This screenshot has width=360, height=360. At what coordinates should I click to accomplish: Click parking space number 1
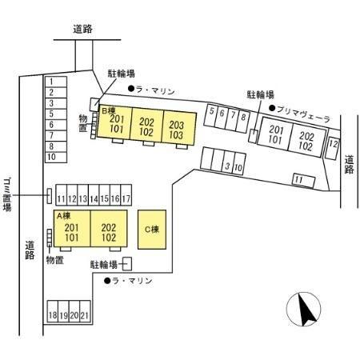click(56, 82)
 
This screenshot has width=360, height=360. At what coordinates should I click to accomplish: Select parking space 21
click(85, 312)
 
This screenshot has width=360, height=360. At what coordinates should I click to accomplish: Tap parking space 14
click(94, 195)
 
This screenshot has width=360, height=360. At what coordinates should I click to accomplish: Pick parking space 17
click(126, 195)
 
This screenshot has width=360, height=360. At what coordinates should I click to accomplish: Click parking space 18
click(53, 312)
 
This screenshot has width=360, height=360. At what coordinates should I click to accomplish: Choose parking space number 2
click(56, 93)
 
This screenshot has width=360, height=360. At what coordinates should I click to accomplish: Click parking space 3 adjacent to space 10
click(227, 162)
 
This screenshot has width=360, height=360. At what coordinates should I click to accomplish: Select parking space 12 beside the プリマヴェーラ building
click(333, 144)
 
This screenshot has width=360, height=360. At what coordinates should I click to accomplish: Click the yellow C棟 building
click(152, 230)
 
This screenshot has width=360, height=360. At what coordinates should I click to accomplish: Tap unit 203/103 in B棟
click(178, 128)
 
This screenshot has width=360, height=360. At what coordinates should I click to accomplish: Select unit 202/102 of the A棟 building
click(109, 229)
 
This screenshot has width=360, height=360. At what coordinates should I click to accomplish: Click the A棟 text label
click(64, 216)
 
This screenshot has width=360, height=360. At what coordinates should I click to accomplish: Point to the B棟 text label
click(109, 110)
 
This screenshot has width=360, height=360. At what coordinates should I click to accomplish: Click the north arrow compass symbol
click(304, 309)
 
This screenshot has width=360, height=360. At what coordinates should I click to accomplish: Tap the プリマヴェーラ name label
click(304, 114)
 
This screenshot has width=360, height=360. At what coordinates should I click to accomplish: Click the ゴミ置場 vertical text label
click(7, 194)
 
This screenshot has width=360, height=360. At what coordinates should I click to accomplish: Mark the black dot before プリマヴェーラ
click(272, 108)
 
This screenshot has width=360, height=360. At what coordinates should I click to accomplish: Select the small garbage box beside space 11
click(50, 196)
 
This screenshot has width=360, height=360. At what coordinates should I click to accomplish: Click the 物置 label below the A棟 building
click(55, 260)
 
